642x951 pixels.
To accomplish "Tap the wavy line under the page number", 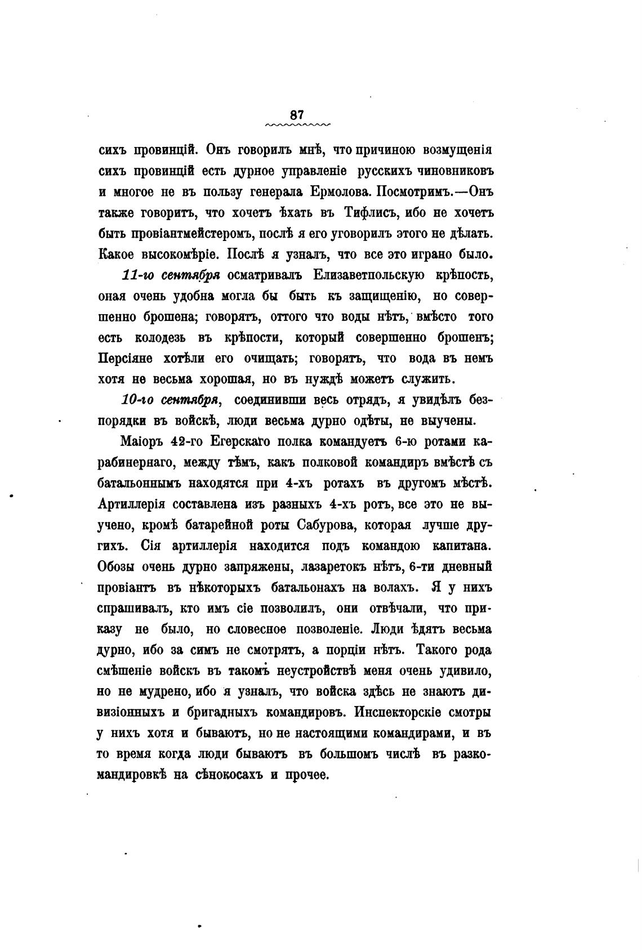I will tap(297, 124).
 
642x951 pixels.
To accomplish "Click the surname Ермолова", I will tap(337, 192).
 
